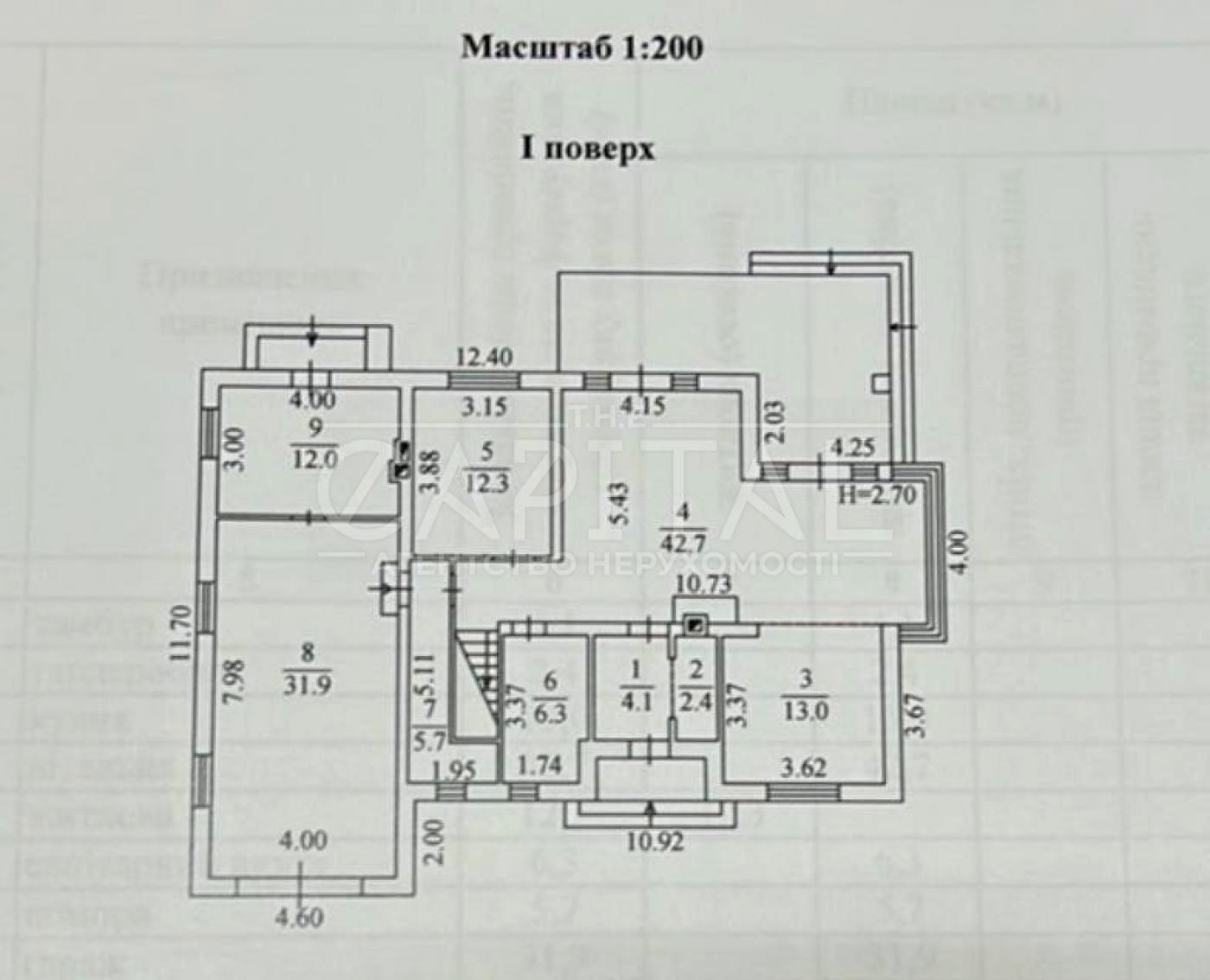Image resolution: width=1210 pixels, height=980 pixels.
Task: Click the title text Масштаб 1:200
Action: (582, 48)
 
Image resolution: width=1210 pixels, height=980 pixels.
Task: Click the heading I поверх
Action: (587, 149)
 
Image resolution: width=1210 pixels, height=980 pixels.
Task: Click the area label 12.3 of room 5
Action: (486, 483)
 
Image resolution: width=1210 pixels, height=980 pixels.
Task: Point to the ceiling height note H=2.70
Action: (877, 495)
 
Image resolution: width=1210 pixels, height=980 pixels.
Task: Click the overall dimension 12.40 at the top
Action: (485, 356)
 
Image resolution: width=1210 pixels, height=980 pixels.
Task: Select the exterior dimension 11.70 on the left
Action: (179, 633)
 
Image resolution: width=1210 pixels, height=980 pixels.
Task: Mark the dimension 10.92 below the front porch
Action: (653, 840)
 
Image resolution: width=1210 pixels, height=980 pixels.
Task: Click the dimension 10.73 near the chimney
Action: (703, 584)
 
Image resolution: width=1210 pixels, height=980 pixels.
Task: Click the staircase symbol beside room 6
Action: (475, 683)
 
